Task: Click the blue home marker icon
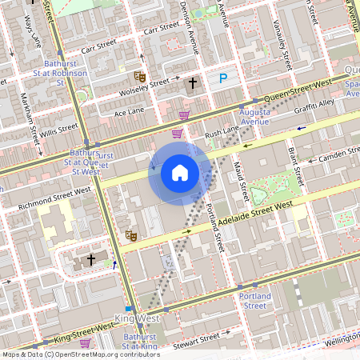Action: coord(180,173)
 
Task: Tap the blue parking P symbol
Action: coord(224,78)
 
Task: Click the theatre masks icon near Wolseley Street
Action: coord(138,76)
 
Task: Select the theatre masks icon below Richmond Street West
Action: coord(130,235)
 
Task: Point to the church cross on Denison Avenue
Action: coord(192,83)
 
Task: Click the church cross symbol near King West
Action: coord(91,259)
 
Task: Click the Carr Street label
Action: coord(160,30)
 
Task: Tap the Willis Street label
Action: coord(60,127)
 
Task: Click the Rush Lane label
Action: coord(222,130)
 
